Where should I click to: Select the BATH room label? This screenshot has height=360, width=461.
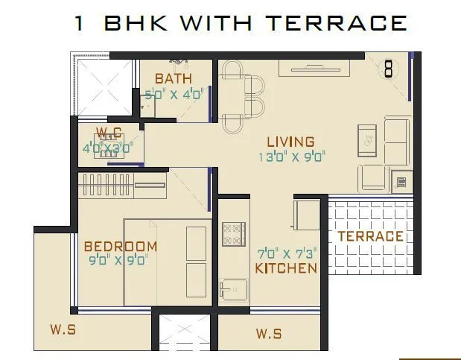point(173,78)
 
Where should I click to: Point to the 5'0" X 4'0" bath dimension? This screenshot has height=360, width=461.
point(173,95)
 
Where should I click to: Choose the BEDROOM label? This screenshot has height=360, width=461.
point(120,246)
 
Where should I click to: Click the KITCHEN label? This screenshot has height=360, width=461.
point(286,268)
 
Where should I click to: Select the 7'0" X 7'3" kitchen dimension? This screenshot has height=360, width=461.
point(287,253)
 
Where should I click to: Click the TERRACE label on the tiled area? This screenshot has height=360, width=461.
point(370,236)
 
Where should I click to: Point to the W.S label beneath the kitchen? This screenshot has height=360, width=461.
point(268,333)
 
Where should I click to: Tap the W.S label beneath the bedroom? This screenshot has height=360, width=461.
point(63,329)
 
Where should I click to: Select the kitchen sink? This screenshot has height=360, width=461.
point(232,288)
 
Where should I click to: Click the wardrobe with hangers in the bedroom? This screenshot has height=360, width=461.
point(123,183)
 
